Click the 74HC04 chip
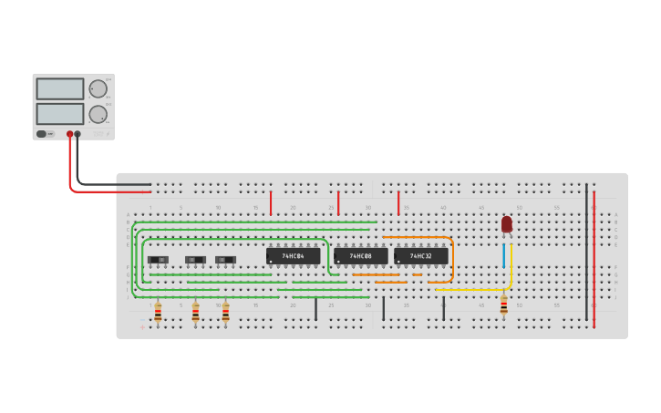click(293, 256)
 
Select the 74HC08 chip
click(360, 256)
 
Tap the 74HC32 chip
click(420, 256)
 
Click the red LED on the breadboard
click(507, 223)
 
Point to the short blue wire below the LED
click(503, 255)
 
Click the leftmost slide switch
click(158, 260)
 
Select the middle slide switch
click(195, 260)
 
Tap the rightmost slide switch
click(225, 260)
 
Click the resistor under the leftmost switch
click(158, 313)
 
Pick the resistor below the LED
click(503, 306)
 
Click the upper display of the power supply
click(60, 88)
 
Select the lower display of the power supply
click(60, 114)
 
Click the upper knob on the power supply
click(98, 88)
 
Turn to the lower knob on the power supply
click(98, 114)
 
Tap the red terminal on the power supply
click(69, 134)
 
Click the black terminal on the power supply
click(77, 134)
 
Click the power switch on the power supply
click(42, 134)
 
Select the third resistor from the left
click(225, 313)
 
